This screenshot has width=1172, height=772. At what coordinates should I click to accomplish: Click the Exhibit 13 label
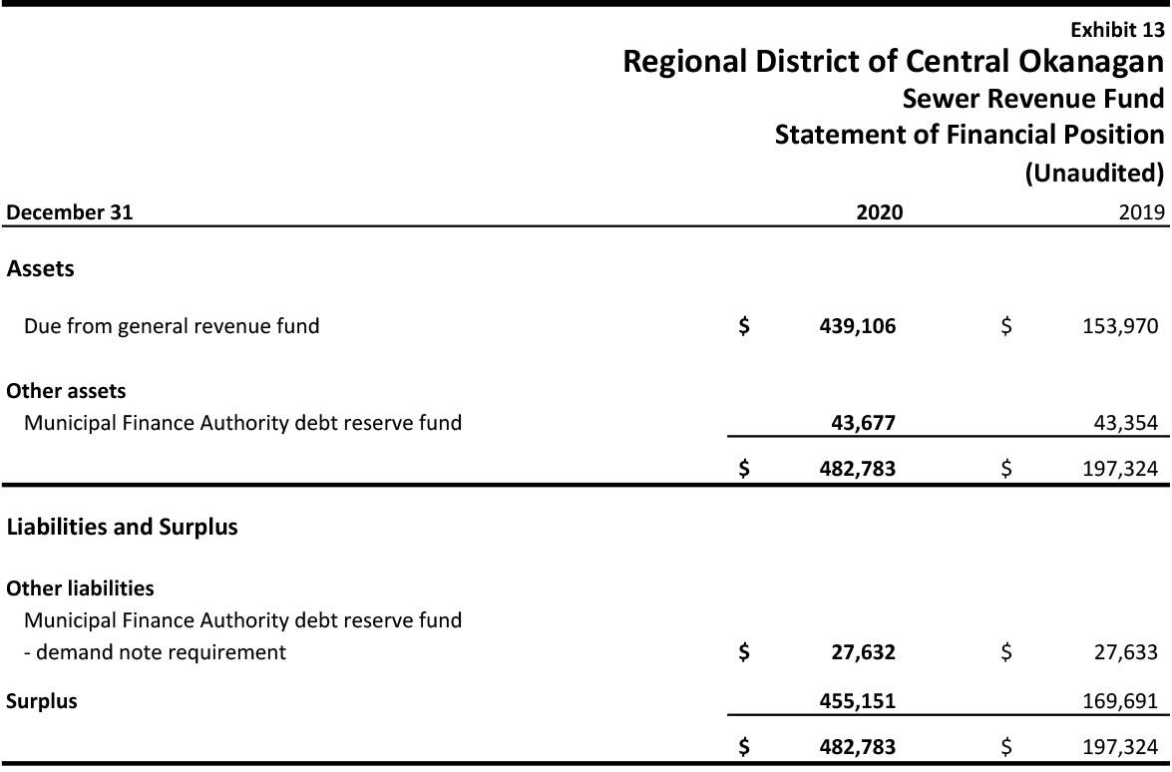pos(1117,30)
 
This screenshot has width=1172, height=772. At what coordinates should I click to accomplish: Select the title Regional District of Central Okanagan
pos(893,62)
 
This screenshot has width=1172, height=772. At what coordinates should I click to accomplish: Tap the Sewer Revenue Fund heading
pos(1032,99)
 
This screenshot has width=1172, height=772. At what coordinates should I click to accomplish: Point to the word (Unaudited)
pos(1094,173)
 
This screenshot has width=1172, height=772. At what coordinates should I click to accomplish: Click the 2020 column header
pos(879,211)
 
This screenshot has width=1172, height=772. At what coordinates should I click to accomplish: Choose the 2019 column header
pos(1141,211)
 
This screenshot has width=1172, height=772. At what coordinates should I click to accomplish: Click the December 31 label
pos(70,211)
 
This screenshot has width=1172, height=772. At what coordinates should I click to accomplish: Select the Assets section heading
pos(40,268)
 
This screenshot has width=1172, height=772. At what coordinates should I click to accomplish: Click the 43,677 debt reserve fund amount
pos(863,423)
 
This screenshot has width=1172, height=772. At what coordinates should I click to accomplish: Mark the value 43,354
pos(1124,423)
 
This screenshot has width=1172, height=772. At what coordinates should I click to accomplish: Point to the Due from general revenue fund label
pos(172,326)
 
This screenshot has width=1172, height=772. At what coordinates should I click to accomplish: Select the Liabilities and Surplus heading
pos(122,527)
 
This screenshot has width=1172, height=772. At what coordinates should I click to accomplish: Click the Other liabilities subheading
pos(80,588)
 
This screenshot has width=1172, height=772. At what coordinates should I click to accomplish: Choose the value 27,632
pos(863,652)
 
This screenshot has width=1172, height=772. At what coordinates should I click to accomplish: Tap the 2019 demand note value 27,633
pos(1124,652)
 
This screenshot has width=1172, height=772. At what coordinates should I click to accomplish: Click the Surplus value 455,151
pos(857,701)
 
